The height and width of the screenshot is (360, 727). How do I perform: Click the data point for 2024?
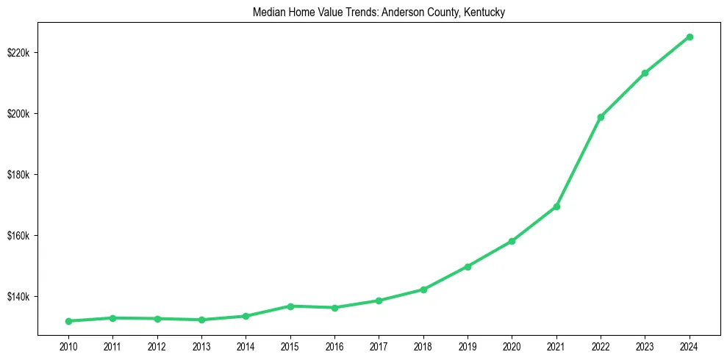click(x=690, y=37)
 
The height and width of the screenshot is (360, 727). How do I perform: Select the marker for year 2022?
click(x=601, y=117)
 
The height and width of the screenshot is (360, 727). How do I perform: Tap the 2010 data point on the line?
click(x=68, y=321)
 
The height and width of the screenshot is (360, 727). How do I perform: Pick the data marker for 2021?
click(x=556, y=206)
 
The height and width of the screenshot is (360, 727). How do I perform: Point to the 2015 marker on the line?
click(x=290, y=306)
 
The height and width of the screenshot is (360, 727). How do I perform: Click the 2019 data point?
click(x=468, y=267)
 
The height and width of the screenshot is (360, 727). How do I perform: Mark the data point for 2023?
click(x=645, y=73)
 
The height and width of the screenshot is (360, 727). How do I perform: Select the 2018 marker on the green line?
click(x=423, y=289)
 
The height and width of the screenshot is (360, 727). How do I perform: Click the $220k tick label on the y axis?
click(x=19, y=53)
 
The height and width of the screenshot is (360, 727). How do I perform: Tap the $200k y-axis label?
click(x=19, y=114)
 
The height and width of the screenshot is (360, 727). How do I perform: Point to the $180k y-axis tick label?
click(x=19, y=175)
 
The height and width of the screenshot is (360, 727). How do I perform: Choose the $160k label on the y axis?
click(x=19, y=236)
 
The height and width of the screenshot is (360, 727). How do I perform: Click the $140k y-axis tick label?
click(x=19, y=297)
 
